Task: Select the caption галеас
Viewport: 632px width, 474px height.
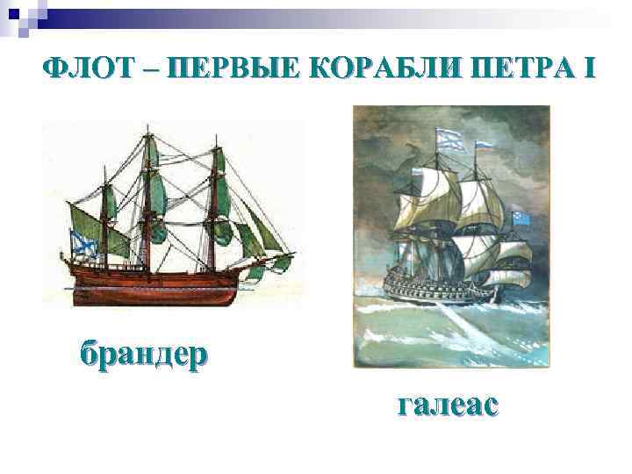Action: (448, 405)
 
